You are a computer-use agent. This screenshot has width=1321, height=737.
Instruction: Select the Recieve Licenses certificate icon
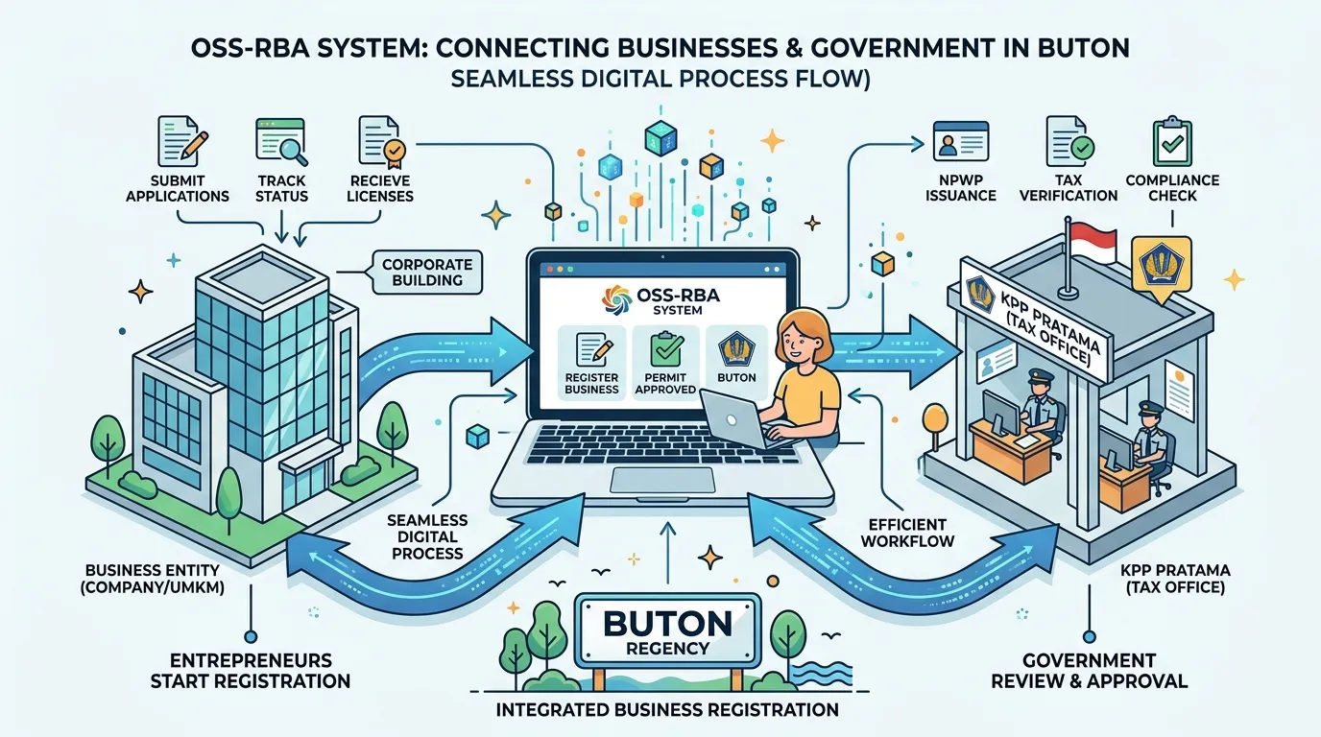(x=381, y=140)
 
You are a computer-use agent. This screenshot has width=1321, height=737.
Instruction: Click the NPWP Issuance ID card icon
(x=961, y=141)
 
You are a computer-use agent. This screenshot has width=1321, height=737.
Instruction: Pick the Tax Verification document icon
(x=1069, y=141)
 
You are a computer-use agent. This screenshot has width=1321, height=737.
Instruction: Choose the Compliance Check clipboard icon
(x=1172, y=142)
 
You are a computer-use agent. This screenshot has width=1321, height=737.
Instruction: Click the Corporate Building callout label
(x=427, y=272)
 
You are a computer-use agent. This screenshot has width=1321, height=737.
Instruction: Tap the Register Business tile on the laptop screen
(x=591, y=363)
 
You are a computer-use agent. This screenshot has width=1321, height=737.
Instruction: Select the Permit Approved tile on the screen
(x=666, y=363)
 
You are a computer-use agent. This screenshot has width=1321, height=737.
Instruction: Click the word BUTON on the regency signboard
(x=667, y=623)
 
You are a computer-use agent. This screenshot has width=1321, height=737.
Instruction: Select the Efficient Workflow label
(x=907, y=533)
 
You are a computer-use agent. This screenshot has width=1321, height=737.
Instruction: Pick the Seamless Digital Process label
(x=427, y=536)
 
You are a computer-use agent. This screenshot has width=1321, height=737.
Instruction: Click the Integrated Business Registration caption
(x=667, y=709)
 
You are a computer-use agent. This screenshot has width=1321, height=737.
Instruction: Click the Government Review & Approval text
(x=1090, y=671)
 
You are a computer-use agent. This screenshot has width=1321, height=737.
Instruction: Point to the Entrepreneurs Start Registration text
(x=251, y=671)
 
